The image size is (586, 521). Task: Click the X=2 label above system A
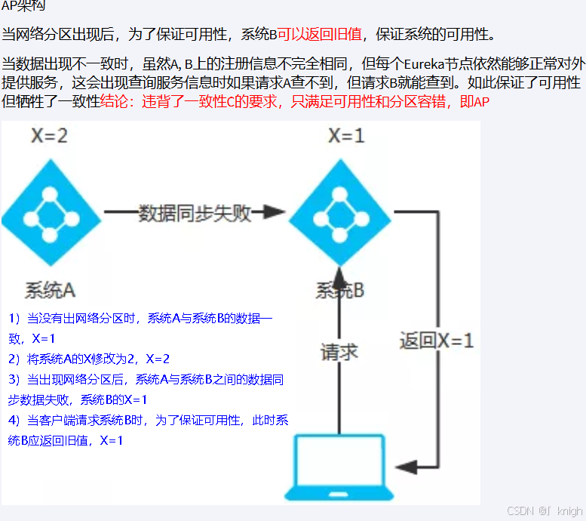[50, 136]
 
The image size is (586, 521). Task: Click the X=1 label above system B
[346, 136]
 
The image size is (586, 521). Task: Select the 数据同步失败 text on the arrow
[195, 214]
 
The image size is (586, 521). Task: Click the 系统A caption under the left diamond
[50, 289]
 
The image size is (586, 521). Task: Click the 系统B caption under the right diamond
[340, 290]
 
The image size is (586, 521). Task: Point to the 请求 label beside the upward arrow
[339, 352]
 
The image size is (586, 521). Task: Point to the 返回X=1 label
[437, 341]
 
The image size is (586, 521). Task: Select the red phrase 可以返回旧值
[320, 35]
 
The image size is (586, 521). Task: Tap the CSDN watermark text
[520, 511]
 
